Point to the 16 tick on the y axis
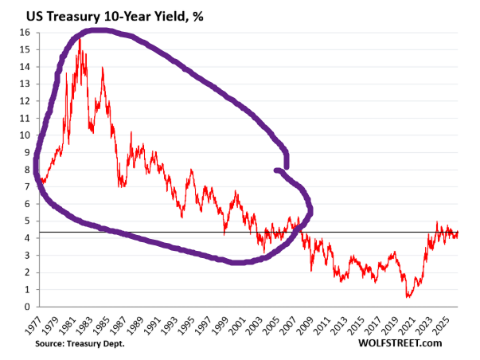coord(25,32)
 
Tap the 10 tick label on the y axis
coord(25,135)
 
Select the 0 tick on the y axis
coord(27,307)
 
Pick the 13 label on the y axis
coord(25,84)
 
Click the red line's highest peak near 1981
coord(80,38)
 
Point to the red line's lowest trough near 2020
coord(408,296)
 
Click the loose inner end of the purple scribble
coord(275,170)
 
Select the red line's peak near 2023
coord(436,221)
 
